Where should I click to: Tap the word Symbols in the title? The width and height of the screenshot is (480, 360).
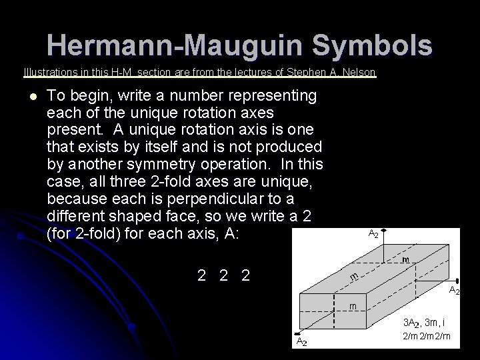point(369,45)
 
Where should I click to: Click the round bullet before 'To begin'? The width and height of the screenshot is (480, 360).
point(31,98)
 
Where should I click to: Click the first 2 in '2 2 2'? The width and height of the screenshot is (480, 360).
point(202,275)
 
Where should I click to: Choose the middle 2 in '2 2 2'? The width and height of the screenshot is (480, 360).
point(224,275)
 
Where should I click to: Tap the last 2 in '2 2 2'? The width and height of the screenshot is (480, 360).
point(246,275)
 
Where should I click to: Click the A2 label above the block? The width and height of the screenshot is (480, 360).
point(373,234)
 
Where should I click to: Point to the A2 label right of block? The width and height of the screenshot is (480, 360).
point(454,291)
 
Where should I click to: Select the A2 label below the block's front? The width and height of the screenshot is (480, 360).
point(302,343)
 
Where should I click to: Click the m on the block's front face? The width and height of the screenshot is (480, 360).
point(354,305)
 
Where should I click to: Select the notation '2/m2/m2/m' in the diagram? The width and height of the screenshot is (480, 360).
point(426,337)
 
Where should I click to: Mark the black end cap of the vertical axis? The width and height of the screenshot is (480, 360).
point(385,231)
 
